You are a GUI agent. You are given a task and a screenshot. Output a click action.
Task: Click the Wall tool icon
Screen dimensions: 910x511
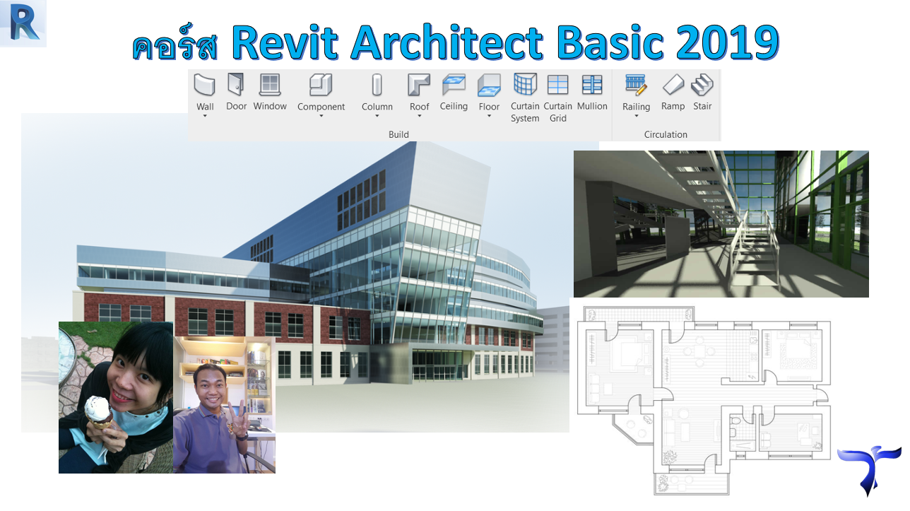(204, 85)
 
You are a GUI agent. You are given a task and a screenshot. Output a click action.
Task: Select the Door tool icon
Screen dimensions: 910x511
(236, 84)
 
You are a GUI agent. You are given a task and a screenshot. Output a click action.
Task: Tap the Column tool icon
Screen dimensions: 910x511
(377, 85)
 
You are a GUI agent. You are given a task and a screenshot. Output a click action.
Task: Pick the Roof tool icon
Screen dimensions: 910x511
(419, 85)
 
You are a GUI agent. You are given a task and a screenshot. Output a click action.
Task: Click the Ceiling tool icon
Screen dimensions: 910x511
(454, 85)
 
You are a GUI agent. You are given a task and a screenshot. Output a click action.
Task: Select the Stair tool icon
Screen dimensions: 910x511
(702, 85)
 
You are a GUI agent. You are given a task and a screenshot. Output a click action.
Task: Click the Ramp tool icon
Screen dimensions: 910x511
(673, 85)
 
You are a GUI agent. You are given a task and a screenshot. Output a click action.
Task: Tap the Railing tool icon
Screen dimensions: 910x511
(636, 85)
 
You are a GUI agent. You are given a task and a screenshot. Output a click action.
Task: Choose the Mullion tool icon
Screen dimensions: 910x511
(592, 85)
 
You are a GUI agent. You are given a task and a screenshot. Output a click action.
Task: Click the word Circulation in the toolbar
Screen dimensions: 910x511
(666, 134)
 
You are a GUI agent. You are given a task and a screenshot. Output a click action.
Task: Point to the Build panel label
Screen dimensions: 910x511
(398, 134)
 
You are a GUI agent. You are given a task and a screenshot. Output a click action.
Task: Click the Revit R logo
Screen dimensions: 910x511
(23, 23)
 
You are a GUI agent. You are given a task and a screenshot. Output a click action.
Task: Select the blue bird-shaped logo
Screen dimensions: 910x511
(869, 469)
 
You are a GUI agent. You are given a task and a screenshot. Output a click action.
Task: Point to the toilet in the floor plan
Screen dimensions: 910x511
(735, 425)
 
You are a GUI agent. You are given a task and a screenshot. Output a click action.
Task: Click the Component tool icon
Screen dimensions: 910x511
(321, 85)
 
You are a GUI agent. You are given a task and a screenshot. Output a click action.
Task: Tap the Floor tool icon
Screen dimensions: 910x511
(489, 85)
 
